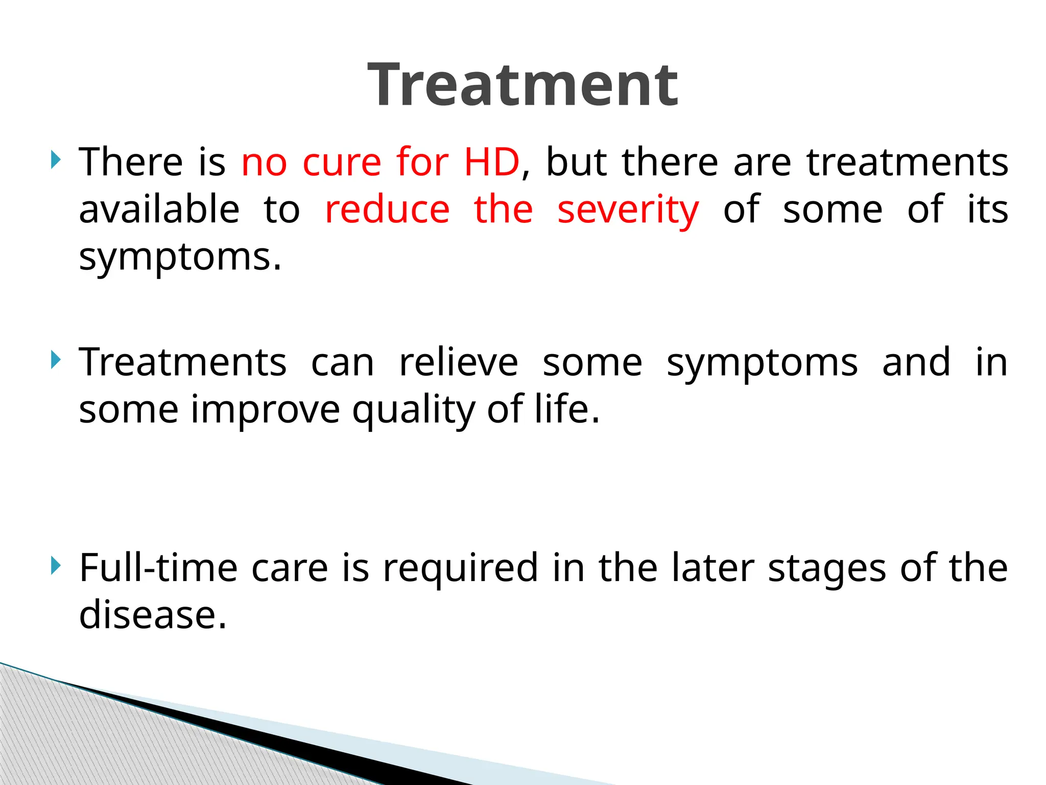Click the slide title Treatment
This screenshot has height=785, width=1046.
pyautogui.click(x=522, y=85)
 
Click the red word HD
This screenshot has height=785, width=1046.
pyautogui.click(x=491, y=162)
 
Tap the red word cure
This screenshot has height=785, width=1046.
pyautogui.click(x=342, y=162)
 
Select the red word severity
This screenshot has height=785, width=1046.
pyautogui.click(x=628, y=210)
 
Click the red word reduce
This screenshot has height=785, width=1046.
pyautogui.click(x=387, y=210)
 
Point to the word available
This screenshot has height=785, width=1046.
pyautogui.click(x=159, y=209)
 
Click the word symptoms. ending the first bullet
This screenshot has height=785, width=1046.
pyautogui.click(x=180, y=257)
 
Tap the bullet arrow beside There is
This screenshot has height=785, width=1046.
pyautogui.click(x=56, y=160)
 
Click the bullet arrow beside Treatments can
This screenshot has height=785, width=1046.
pyautogui.click(x=56, y=361)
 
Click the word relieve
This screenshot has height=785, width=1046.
pyautogui.click(x=458, y=362)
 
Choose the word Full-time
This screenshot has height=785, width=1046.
pyautogui.click(x=158, y=568)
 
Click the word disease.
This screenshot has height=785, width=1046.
pyautogui.click(x=152, y=615)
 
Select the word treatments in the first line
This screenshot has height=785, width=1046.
pyautogui.click(x=907, y=162)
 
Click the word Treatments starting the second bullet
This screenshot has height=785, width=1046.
pyautogui.click(x=182, y=362)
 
